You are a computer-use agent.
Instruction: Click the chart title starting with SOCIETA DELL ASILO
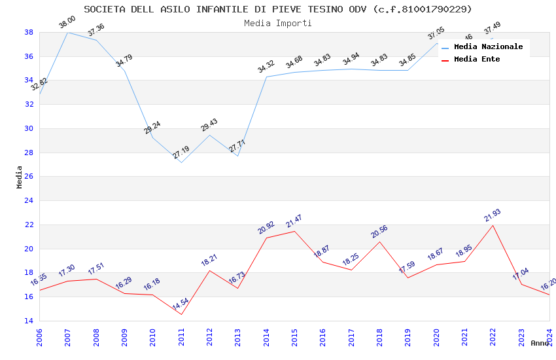[x=278, y=9]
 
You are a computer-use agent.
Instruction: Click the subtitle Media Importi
[x=278, y=23]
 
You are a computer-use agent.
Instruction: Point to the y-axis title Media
[x=20, y=177]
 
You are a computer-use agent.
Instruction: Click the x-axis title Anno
[x=540, y=343]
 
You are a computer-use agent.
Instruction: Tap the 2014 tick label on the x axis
[x=266, y=336]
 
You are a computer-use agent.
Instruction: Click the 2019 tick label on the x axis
[x=408, y=336]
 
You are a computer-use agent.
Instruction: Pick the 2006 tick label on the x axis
[x=40, y=336]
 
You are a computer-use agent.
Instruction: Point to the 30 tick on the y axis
[x=29, y=128]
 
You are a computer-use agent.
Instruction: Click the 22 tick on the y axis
[x=29, y=225]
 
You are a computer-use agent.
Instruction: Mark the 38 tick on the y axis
[x=29, y=32]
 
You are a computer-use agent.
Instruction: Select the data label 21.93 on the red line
[x=492, y=216]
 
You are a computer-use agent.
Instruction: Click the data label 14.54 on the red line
[x=181, y=305]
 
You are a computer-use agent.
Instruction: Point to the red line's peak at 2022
[x=493, y=225]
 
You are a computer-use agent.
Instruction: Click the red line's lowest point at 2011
[x=181, y=314]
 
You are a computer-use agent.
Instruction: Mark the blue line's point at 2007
[x=68, y=32]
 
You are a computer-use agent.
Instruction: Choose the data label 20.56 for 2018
[x=379, y=232]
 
